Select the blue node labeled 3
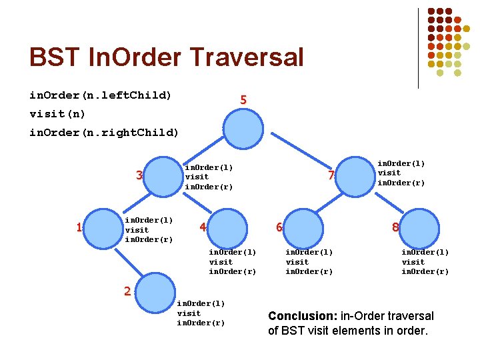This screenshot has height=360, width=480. [x=163, y=176]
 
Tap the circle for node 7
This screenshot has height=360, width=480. [x=357, y=176]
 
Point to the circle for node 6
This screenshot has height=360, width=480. [x=305, y=228]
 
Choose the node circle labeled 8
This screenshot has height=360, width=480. [x=419, y=228]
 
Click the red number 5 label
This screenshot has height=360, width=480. [x=243, y=100]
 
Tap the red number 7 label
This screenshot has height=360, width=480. [x=330, y=176]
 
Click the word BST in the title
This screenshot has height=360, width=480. [x=53, y=57]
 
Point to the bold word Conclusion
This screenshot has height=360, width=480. [x=299, y=316]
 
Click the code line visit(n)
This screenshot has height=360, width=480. [x=57, y=113]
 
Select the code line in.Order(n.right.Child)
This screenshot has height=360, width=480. [x=104, y=132]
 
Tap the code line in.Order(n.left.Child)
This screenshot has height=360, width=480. [x=100, y=95]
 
